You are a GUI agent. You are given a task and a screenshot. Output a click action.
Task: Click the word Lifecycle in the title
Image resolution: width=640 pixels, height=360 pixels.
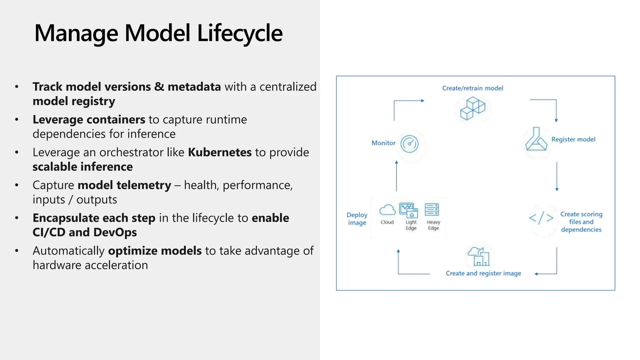click(x=240, y=33)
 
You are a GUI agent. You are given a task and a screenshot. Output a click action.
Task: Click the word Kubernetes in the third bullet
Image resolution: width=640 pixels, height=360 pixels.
click(x=220, y=152)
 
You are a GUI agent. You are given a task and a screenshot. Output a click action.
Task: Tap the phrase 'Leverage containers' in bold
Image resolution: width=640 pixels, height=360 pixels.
click(x=89, y=120)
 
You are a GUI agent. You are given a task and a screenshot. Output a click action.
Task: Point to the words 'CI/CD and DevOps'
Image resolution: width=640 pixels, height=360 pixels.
click(x=85, y=232)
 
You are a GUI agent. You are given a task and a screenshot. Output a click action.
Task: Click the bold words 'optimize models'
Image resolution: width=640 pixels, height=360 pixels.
click(x=155, y=251)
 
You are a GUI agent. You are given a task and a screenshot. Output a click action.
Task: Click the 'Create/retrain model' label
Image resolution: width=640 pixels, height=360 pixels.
click(x=472, y=88)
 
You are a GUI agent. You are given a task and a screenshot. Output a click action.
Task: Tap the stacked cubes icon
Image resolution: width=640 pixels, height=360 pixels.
click(x=472, y=108)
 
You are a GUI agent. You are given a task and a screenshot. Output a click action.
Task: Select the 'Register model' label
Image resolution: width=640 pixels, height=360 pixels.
click(x=573, y=139)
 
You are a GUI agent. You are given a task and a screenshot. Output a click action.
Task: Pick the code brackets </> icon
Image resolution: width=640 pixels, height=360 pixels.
click(x=541, y=218)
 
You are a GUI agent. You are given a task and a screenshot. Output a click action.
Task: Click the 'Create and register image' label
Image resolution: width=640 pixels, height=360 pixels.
click(x=483, y=273)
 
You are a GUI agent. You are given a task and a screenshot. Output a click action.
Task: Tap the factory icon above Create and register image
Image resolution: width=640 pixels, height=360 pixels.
click(x=478, y=256)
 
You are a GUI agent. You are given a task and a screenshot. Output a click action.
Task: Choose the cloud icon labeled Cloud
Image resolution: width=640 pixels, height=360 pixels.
click(x=387, y=210)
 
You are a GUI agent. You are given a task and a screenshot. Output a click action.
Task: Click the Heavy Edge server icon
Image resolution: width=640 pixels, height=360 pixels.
click(x=432, y=210)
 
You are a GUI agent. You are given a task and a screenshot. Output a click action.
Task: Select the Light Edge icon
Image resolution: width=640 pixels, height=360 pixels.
click(x=409, y=210)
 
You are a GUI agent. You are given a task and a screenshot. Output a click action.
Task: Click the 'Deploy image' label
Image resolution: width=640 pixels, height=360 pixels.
click(x=357, y=219)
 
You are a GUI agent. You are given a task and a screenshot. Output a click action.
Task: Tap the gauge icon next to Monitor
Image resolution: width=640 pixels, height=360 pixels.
click(x=409, y=144)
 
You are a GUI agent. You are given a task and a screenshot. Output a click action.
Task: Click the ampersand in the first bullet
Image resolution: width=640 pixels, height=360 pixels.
click(x=159, y=87)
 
